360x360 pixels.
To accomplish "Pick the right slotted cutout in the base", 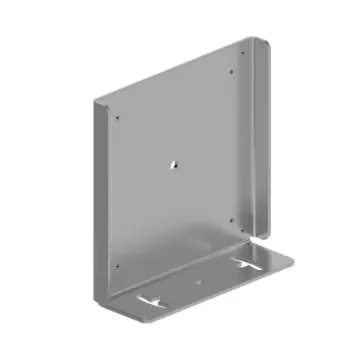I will click(247, 265).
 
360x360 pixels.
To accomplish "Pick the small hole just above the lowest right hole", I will click(230, 220).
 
